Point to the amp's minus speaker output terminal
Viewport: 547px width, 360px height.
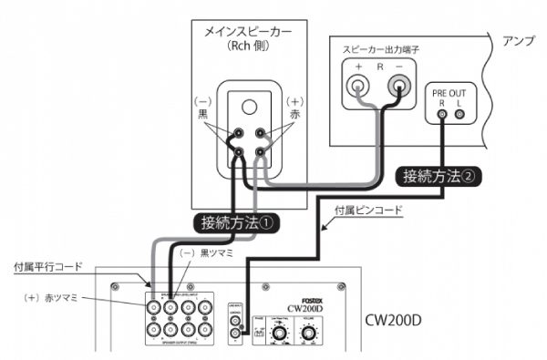[398, 87]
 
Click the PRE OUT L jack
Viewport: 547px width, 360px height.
[459, 114]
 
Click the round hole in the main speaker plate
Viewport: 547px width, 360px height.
[250, 102]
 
